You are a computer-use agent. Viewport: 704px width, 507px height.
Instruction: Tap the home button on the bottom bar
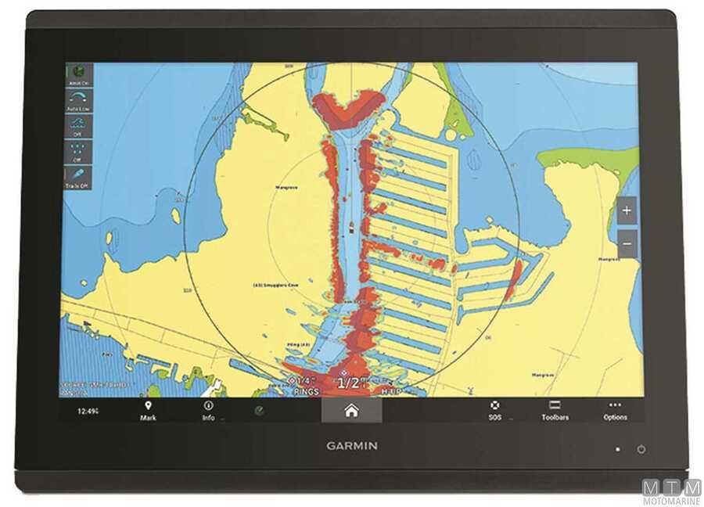coord(351,411)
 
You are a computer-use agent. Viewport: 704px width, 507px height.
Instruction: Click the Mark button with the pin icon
coord(148,411)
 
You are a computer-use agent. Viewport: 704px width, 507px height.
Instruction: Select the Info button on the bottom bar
coord(208,411)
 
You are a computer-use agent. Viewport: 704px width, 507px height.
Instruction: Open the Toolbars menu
coord(555,411)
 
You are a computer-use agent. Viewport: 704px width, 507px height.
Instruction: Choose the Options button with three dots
coord(615,411)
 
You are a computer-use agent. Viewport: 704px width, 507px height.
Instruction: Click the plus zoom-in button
coord(627,210)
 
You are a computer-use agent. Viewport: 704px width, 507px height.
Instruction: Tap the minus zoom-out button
coord(627,243)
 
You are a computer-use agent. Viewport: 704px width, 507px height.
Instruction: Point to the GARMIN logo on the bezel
coord(352,446)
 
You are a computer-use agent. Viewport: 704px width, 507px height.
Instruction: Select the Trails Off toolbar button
coord(77,178)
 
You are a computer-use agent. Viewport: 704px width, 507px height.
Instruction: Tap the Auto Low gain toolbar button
coord(77,101)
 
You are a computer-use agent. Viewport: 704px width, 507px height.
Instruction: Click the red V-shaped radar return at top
coord(348,107)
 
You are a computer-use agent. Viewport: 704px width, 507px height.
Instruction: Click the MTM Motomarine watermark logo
coord(672,491)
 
